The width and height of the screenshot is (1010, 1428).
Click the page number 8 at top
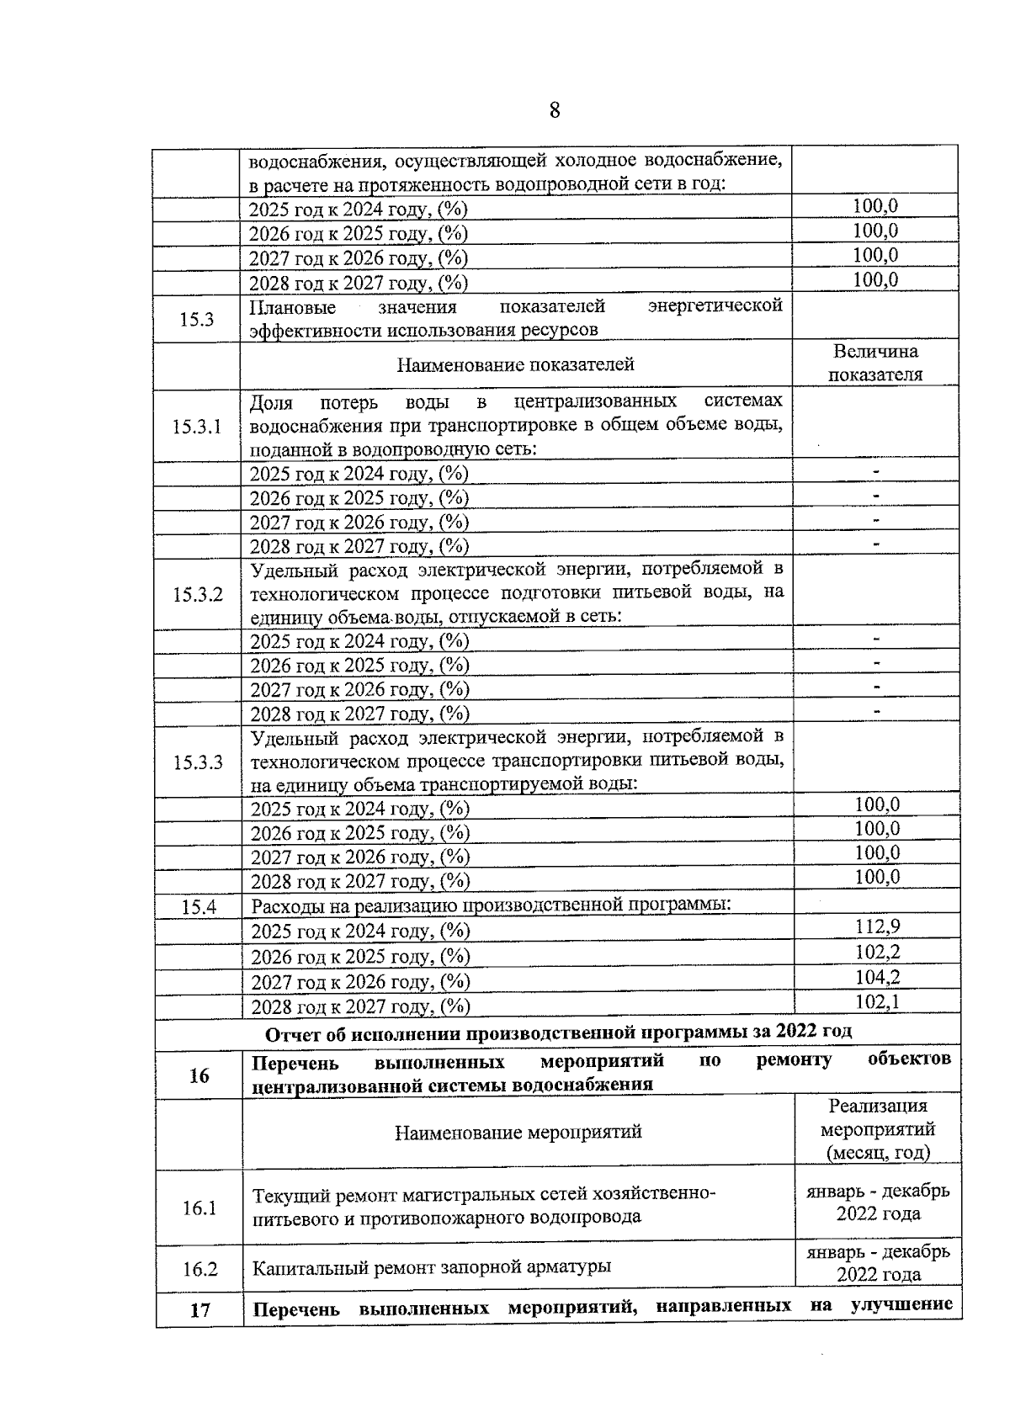(x=554, y=111)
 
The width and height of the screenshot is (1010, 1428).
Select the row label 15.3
(x=196, y=319)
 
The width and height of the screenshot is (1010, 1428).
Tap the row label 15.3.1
(x=196, y=427)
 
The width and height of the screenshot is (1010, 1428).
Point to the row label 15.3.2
(x=198, y=595)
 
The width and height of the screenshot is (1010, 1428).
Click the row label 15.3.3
(x=198, y=762)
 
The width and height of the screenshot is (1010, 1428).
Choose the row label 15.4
(x=199, y=907)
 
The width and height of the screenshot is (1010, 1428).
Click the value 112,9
(x=878, y=927)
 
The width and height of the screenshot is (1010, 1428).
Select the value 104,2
(x=878, y=978)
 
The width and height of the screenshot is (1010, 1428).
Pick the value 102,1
(x=878, y=1002)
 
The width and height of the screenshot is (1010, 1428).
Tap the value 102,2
(x=878, y=953)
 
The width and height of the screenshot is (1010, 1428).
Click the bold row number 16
(x=199, y=1075)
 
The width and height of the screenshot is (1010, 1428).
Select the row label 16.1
(x=199, y=1208)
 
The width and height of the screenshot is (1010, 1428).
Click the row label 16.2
(x=199, y=1269)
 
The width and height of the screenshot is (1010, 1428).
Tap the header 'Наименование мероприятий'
(x=518, y=1132)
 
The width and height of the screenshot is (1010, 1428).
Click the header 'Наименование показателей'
(x=515, y=364)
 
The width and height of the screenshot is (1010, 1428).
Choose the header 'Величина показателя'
(x=875, y=364)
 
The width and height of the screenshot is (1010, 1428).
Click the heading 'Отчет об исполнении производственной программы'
(x=558, y=1032)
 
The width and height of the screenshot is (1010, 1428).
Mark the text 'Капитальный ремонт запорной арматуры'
(x=432, y=1266)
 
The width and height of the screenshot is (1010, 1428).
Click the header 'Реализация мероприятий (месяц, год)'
(x=878, y=1129)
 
